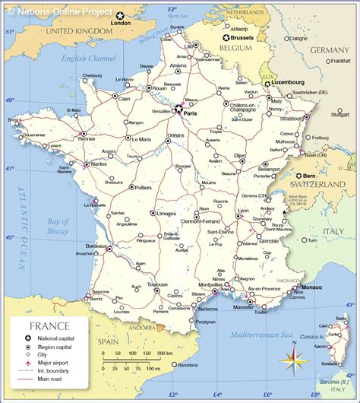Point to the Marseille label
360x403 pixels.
[x=243, y=306]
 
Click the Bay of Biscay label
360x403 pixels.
[x=58, y=224]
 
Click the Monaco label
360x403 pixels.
[x=313, y=289]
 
